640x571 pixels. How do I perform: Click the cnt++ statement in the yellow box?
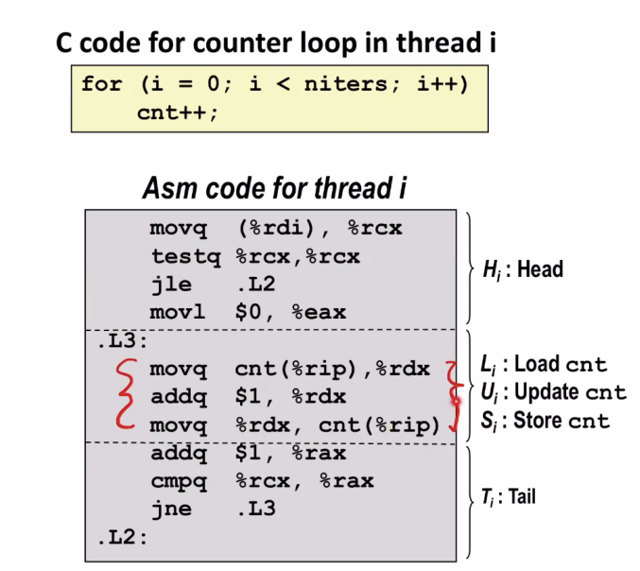pos(177,113)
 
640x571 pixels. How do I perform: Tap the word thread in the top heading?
pos(439,43)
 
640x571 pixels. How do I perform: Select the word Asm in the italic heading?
pos(170,188)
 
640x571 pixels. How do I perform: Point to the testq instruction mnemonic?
pos(185,257)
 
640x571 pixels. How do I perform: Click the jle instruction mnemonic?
pos(171,285)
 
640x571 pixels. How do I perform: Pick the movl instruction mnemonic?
pos(178,313)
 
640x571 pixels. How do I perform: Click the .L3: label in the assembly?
pos(122,341)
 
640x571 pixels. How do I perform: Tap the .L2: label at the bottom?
pos(122,538)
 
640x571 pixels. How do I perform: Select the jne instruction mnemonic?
pos(171,509)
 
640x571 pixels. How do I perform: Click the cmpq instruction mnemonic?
pos(179,481)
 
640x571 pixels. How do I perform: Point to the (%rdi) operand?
pos(276,228)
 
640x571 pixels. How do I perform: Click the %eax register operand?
pos(320,313)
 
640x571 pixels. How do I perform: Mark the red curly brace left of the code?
pos(127,394)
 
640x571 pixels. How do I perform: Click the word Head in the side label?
pos(541,269)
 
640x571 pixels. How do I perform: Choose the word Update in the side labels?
pos(547,391)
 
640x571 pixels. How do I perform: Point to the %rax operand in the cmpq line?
pos(347,481)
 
